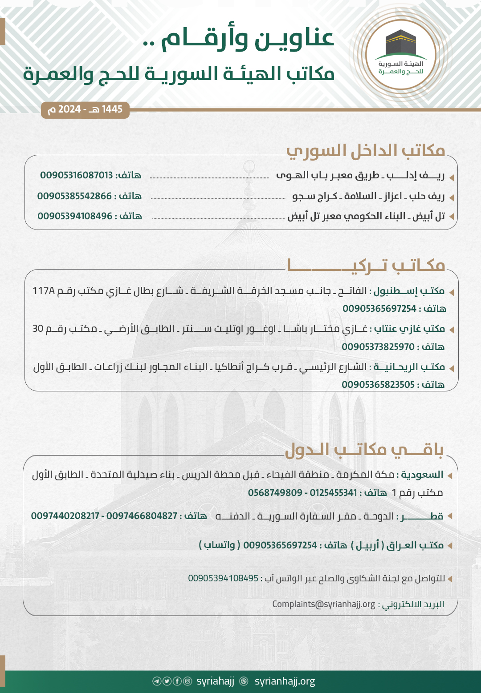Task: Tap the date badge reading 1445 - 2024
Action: click(x=85, y=109)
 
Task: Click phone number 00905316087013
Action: click(x=77, y=175)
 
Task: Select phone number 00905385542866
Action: click(x=74, y=196)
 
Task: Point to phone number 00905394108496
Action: click(x=75, y=216)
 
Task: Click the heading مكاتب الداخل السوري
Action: click(x=366, y=151)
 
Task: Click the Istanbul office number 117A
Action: click(x=43, y=291)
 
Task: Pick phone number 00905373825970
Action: click(x=378, y=347)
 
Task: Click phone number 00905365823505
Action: click(x=378, y=385)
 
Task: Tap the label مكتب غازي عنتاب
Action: click(x=409, y=329)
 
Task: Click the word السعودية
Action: click(x=422, y=475)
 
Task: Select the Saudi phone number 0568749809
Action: click(x=275, y=493)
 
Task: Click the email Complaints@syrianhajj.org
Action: click(x=324, y=604)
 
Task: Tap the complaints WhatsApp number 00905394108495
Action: click(x=223, y=578)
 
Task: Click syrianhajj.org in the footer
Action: click(x=285, y=681)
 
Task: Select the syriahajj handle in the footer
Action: click(x=215, y=681)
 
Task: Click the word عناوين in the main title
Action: click(x=294, y=38)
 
